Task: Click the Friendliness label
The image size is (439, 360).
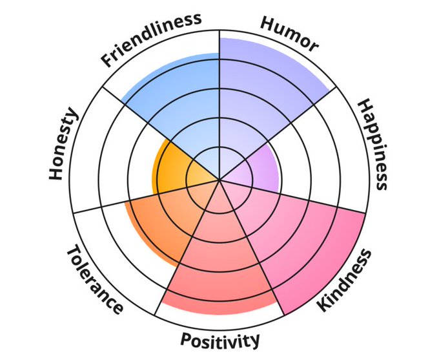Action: click(x=151, y=40)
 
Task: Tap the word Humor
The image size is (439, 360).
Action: click(x=289, y=33)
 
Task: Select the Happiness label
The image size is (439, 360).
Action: click(x=373, y=144)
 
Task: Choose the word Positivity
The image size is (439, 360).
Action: click(x=220, y=339)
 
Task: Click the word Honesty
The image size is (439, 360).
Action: click(x=63, y=144)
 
